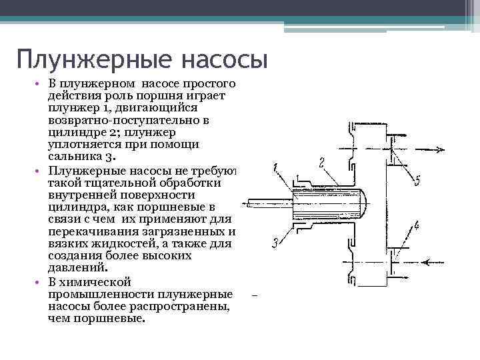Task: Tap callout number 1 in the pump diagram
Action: (x=275, y=169)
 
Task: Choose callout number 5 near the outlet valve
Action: (x=417, y=180)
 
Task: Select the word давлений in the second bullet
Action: (x=77, y=268)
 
